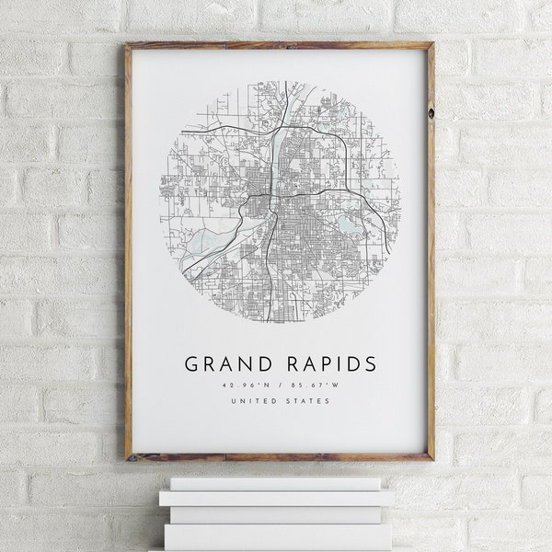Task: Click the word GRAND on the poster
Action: [227, 363]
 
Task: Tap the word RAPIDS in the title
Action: [326, 363]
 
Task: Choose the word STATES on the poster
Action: [309, 401]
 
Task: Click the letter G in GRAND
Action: [191, 363]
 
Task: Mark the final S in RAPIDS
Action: [370, 363]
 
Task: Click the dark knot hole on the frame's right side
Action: [430, 111]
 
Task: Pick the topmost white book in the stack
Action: [275, 483]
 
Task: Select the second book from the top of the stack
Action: [276, 498]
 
